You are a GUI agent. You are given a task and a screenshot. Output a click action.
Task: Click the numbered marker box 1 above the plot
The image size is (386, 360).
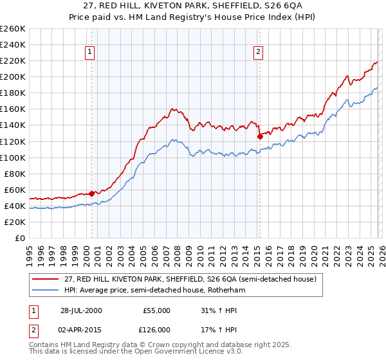coord(89,53)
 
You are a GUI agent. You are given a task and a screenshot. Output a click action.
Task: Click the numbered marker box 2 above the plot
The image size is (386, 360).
coord(258,53)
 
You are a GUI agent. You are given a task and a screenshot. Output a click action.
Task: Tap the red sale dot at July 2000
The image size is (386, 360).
coord(92,193)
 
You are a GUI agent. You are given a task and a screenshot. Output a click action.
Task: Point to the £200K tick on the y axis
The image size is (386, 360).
coord(14,76)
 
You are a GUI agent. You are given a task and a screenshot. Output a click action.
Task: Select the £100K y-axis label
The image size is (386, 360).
coord(14,157)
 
